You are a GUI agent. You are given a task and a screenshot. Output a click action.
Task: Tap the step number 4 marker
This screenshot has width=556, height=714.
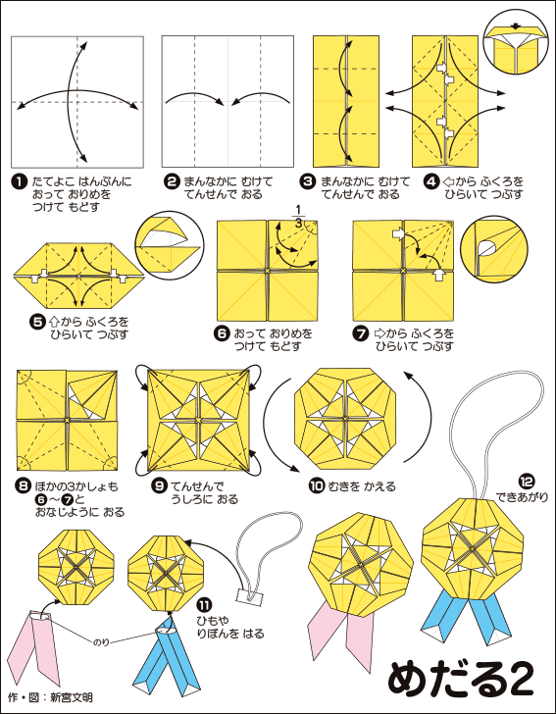(x=430, y=182)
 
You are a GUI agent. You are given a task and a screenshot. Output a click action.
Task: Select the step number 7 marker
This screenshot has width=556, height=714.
(x=360, y=333)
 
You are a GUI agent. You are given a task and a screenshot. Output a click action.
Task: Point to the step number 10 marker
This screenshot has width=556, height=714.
(x=315, y=486)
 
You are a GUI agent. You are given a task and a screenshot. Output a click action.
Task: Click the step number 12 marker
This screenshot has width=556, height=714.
(x=527, y=481)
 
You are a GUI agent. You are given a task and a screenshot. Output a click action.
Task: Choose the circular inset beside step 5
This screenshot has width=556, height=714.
(x=170, y=244)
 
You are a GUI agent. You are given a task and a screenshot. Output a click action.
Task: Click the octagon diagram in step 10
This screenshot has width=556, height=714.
(x=346, y=419)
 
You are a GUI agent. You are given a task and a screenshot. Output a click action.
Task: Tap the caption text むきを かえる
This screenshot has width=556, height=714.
(x=360, y=486)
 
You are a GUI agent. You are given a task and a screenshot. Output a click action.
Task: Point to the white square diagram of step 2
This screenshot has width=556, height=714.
(x=227, y=102)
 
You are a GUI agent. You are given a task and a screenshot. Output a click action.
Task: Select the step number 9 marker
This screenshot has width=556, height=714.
(x=160, y=486)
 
